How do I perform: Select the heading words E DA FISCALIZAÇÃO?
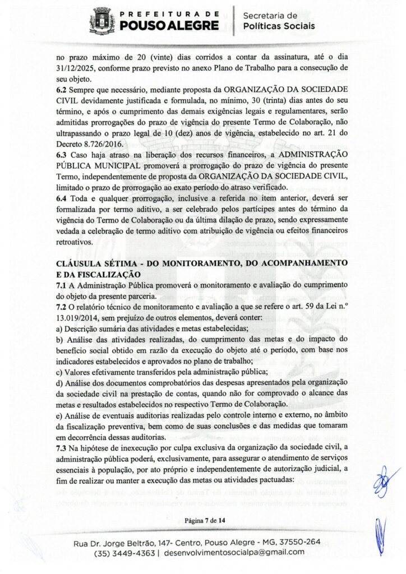tap(93, 274)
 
